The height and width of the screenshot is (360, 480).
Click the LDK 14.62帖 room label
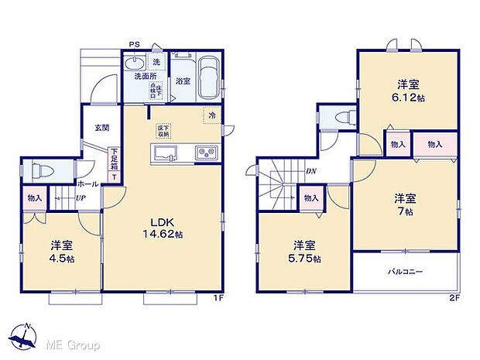pyautogui.click(x=162, y=227)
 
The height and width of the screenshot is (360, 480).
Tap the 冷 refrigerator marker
pyautogui.click(x=211, y=116)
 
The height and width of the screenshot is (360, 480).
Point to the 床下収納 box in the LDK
pyautogui.click(x=163, y=130)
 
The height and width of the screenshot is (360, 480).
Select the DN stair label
pyautogui.click(x=310, y=171)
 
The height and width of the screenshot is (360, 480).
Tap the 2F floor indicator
pyautogui.click(x=454, y=297)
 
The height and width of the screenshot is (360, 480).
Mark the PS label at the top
pyautogui.click(x=134, y=43)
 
